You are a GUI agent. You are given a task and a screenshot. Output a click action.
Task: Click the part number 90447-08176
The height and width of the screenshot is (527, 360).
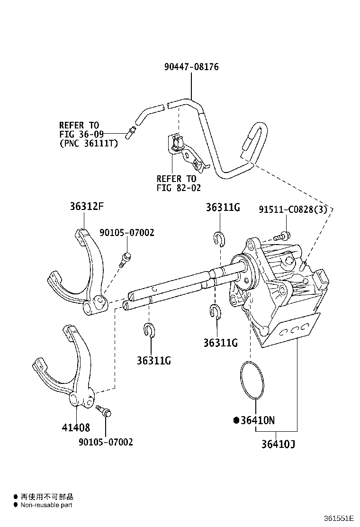[x=191, y=66]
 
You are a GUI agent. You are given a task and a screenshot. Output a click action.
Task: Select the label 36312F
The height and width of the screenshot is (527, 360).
[x=87, y=206]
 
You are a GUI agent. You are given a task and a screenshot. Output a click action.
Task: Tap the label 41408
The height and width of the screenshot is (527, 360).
[x=76, y=427]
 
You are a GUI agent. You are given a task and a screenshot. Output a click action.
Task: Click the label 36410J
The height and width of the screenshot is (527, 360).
[x=279, y=444]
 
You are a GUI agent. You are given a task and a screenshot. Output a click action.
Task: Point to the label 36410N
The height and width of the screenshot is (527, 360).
[x=258, y=420]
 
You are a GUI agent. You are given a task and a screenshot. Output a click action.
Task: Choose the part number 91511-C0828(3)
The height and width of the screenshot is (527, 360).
[x=293, y=209]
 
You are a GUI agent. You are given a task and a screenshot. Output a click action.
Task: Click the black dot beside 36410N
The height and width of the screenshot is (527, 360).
[x=236, y=420]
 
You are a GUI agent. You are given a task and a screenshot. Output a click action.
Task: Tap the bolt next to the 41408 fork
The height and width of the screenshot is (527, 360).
[x=103, y=411]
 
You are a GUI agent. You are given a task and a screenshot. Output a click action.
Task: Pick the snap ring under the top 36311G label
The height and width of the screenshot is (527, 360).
[x=220, y=239]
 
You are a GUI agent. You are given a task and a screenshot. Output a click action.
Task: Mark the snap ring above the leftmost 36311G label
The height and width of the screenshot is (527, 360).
[x=148, y=329]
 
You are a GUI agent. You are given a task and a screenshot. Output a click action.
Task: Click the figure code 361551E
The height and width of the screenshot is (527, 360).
[x=339, y=518]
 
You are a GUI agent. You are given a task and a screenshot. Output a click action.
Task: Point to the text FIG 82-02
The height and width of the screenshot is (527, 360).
[x=179, y=188]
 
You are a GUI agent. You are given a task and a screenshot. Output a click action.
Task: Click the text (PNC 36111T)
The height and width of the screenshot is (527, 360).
[x=89, y=144]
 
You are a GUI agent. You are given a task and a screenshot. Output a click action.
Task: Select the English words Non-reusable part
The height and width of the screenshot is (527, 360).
[x=46, y=505]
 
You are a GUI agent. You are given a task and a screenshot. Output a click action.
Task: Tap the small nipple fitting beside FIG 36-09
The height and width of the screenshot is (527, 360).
[x=131, y=132]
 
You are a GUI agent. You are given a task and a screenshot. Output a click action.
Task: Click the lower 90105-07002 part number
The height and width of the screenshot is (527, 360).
[x=106, y=442]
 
